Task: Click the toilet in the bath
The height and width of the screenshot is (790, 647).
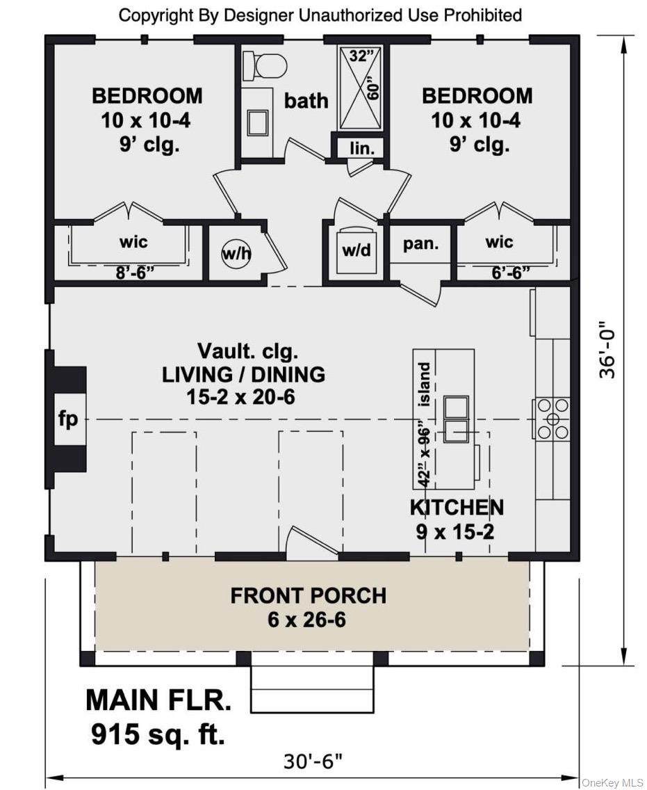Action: [265, 67]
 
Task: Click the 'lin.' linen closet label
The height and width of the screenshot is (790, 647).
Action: [362, 149]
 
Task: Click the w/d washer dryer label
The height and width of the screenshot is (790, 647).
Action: [357, 250]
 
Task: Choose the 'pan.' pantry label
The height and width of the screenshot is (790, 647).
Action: [420, 244]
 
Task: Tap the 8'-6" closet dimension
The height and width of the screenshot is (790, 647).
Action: [134, 273]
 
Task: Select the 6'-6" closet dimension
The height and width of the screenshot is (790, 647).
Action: [511, 273]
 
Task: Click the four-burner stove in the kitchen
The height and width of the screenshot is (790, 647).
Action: [552, 418]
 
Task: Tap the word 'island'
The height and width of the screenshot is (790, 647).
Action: [425, 384]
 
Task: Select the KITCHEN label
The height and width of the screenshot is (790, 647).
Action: [457, 508]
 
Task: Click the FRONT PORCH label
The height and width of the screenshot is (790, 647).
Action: [308, 595]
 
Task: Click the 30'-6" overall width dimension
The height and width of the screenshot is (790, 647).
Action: [313, 761]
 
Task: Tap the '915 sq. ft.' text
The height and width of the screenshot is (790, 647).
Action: [158, 734]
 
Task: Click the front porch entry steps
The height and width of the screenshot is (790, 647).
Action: [312, 688]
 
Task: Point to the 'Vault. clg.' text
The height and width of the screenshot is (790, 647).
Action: [247, 351]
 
